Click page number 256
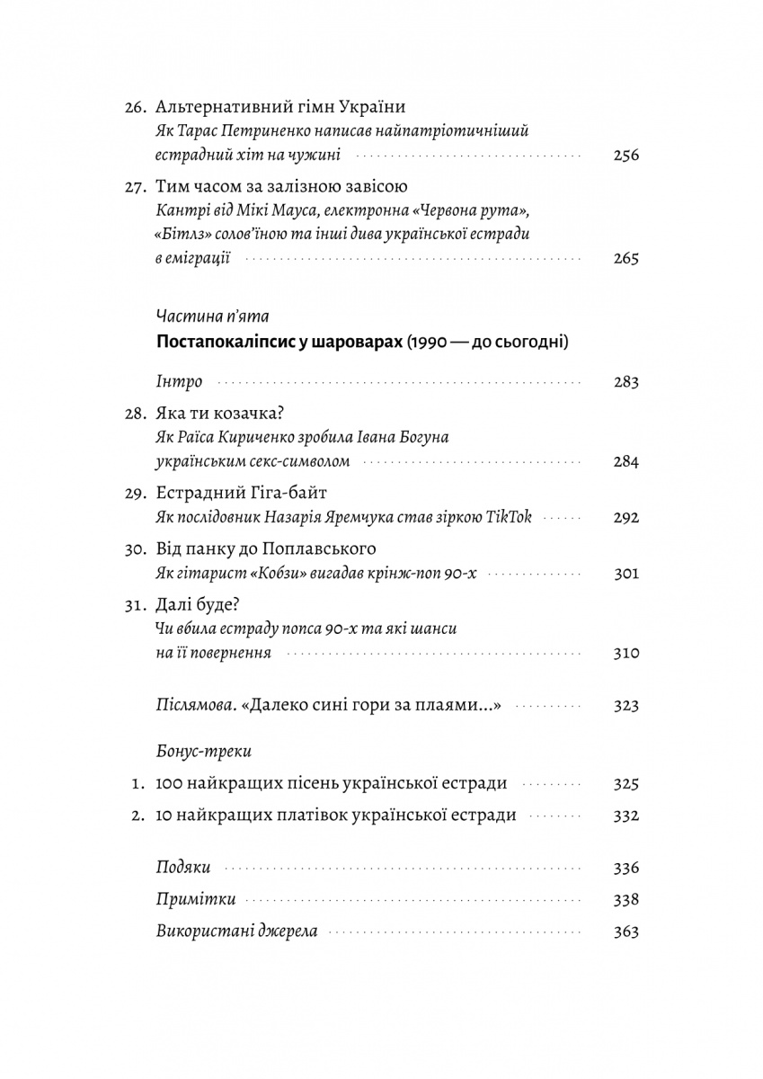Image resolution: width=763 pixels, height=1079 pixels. [625, 155]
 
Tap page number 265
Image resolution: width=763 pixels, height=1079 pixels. [625, 259]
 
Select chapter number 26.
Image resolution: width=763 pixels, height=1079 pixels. [135, 106]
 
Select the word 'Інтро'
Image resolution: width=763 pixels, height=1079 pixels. [178, 381]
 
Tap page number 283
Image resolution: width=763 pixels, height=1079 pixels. [625, 382]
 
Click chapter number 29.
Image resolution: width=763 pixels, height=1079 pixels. [135, 493]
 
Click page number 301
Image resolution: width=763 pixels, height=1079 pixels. [625, 573]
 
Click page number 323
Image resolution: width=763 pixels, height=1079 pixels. [625, 706]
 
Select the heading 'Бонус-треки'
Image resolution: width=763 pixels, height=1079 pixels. [203, 750]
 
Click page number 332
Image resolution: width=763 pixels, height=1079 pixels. [625, 816]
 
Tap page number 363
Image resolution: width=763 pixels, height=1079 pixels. [625, 932]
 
